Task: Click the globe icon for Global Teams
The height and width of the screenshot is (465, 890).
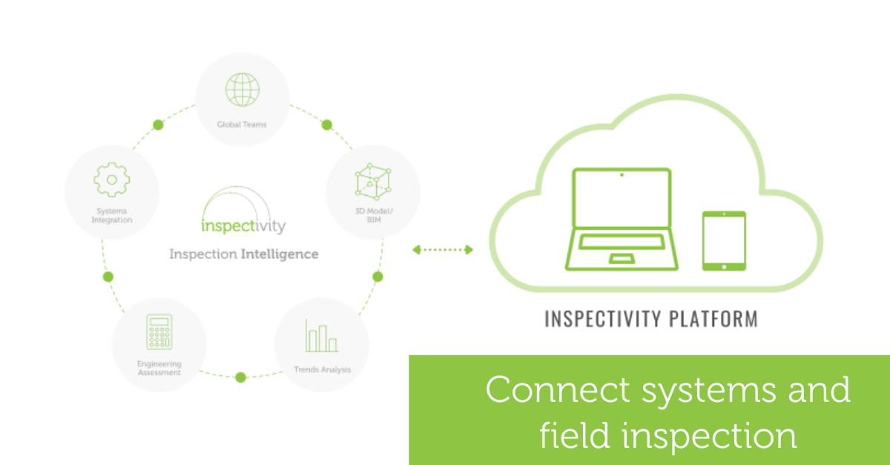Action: coord(242,90)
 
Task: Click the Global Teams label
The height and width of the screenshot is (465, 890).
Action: coord(242,125)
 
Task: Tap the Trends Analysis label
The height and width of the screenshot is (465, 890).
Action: coord(322,369)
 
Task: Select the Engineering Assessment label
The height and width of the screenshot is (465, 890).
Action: coord(159,368)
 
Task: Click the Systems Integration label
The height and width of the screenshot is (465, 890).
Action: coord(112,216)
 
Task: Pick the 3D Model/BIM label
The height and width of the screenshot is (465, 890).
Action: coord(373,216)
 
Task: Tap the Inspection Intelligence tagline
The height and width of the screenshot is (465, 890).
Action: coord(244,254)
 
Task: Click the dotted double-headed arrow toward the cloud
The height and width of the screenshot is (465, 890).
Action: coord(443,250)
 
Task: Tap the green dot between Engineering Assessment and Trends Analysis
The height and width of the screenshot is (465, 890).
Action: coord(240,377)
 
